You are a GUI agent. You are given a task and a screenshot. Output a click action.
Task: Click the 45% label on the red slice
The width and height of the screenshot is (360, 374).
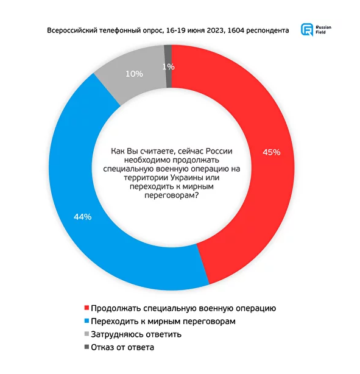pos(271,152)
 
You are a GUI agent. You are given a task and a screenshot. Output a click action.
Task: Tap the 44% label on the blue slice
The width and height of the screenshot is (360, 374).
pos(83,217)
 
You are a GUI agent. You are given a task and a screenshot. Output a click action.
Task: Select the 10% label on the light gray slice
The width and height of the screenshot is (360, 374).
pos(134,74)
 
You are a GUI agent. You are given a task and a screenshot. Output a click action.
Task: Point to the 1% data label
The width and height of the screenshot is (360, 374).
pos(169,67)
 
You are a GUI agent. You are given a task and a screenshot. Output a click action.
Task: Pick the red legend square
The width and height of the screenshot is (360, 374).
pos(86,308)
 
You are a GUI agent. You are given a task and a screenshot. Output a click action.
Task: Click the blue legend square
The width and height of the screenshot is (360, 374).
pos(86,321)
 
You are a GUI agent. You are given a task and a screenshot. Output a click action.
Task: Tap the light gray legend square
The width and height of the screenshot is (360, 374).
pos(86,334)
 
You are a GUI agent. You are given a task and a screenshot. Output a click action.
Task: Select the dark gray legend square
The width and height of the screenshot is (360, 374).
pos(86,347)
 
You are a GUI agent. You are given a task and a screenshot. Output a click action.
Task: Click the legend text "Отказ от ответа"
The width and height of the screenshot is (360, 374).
pos(122,347)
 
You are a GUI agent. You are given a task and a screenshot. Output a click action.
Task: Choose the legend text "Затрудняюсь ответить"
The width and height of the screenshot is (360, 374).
pos(136,334)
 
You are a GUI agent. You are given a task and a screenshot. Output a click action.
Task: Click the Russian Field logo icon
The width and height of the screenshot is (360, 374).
pos(307,30)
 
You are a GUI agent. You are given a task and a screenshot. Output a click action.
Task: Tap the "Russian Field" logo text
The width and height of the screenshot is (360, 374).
pos(323,30)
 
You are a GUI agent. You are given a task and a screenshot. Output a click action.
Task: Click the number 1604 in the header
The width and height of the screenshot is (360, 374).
pos(236,30)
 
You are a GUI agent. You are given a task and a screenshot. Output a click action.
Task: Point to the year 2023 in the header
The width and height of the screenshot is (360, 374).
pos(216,30)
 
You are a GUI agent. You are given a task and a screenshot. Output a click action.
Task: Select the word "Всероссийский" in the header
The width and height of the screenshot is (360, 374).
pos(72,30)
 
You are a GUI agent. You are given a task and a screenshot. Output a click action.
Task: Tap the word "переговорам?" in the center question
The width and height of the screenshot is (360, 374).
pos(172,196)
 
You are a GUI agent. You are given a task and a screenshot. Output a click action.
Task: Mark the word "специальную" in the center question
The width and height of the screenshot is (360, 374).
pos(128,169)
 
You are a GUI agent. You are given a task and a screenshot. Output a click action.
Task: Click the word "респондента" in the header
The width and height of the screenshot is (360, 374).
pos(267,31)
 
